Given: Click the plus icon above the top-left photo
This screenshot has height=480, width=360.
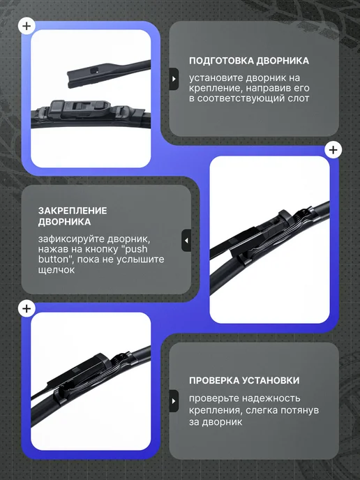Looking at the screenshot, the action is [x=27, y=26].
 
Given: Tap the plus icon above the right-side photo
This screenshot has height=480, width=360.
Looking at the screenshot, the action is [x=333, y=150].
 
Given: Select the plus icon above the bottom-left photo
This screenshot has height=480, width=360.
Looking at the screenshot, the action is [x=27, y=308].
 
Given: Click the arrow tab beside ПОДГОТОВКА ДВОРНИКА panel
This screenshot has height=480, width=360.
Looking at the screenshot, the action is [x=174, y=79].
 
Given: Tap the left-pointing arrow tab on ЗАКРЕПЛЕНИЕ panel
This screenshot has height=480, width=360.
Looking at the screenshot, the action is [x=186, y=241].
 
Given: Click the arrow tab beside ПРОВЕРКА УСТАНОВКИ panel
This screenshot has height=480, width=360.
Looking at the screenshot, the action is [x=174, y=401].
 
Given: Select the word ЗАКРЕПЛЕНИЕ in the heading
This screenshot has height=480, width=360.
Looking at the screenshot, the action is [x=73, y=211].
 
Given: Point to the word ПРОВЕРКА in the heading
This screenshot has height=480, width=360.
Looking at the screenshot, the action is [x=214, y=380].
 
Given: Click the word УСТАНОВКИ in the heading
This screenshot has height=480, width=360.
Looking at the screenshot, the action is [x=271, y=380].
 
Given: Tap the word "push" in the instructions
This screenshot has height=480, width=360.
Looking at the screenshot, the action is [x=136, y=249].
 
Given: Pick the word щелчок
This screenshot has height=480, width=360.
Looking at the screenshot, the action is [x=57, y=270].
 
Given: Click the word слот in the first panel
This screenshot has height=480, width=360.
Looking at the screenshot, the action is [x=297, y=98].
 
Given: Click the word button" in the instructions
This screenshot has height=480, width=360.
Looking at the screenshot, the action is [x=55, y=260].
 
